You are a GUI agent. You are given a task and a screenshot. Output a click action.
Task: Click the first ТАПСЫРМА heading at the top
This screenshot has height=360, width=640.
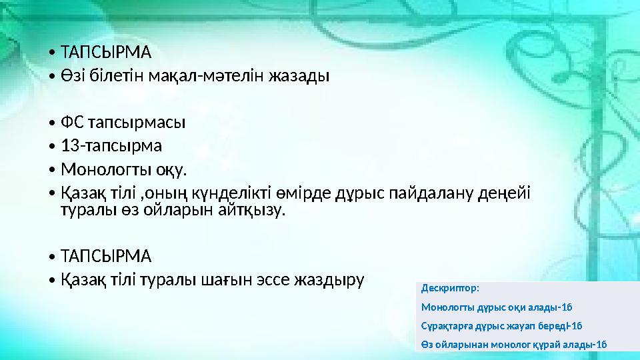106,52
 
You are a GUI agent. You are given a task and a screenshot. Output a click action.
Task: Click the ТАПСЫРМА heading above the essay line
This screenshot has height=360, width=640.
106,256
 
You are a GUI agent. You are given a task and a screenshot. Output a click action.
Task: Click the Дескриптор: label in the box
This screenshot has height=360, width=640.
450,289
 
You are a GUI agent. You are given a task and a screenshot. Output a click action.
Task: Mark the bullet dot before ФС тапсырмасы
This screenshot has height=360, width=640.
52,123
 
